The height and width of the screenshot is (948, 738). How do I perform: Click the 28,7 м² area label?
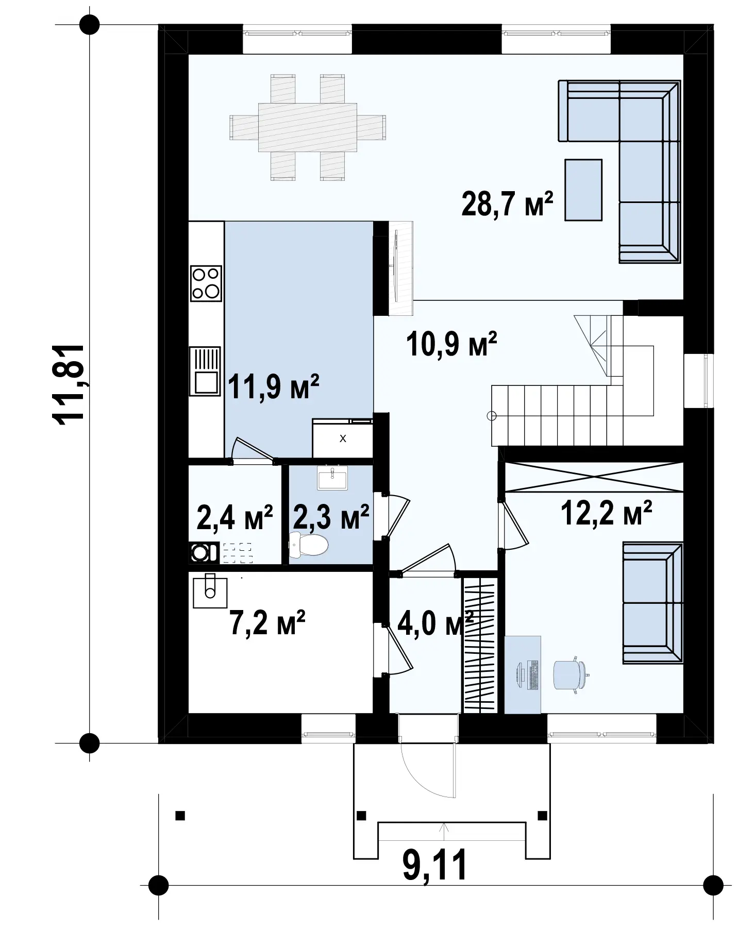[x=507, y=204]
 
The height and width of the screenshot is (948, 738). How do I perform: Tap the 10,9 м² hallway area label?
[x=451, y=344]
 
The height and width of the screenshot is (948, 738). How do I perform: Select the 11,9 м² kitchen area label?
[x=273, y=386]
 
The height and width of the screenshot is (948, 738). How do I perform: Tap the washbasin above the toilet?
[x=332, y=478]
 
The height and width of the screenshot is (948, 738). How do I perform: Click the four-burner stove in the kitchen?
[x=206, y=283]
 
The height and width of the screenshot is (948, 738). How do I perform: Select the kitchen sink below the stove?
[x=205, y=371]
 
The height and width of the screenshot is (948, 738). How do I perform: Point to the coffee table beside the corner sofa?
[x=583, y=190]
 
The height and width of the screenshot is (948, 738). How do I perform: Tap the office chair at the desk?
[x=571, y=675]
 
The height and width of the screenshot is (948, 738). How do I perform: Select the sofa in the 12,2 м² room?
[x=652, y=603]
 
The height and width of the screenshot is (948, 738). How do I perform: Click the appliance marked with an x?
[x=342, y=438]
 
